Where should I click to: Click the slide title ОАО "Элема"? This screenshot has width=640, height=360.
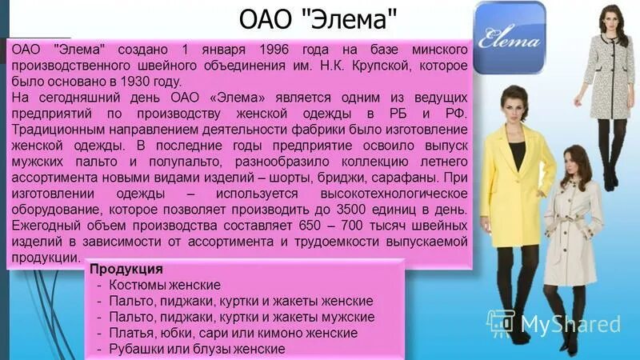coord(318,18)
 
